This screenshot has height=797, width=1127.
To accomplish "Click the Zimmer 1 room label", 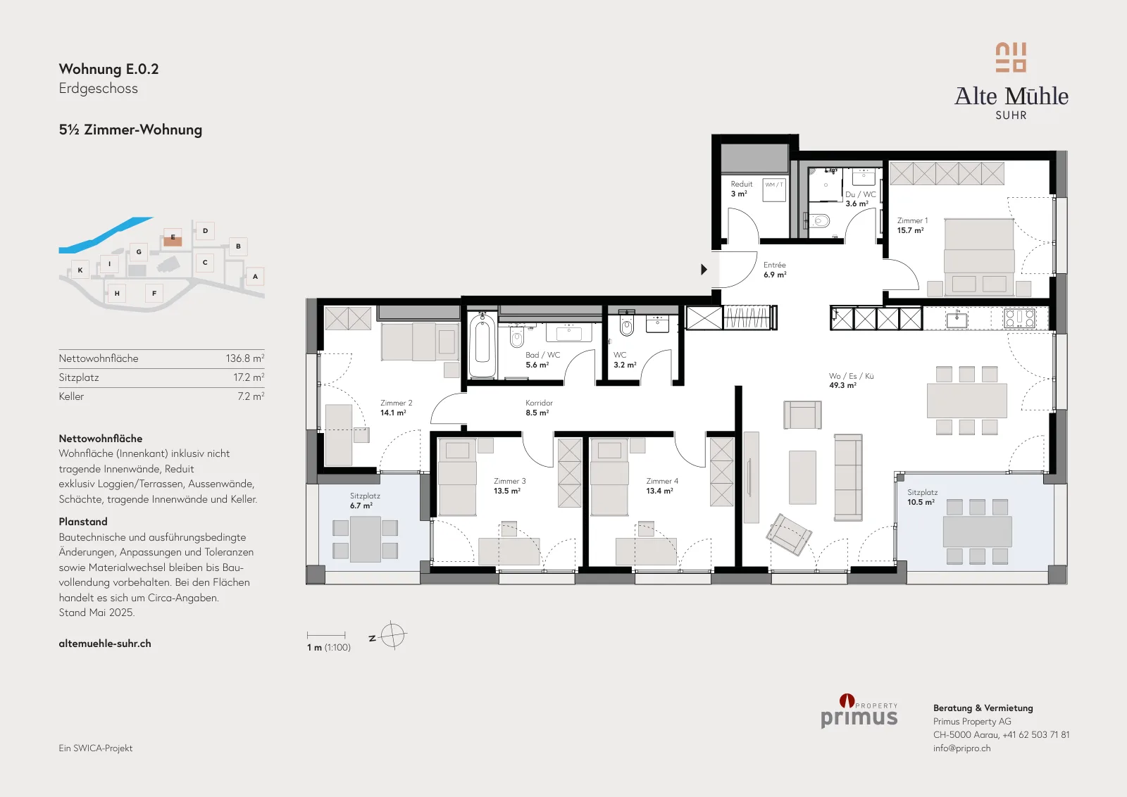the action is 912,221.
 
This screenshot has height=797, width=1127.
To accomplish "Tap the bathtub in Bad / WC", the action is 482,344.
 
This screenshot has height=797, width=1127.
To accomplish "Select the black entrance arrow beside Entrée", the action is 704,270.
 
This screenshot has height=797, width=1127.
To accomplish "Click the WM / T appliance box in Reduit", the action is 774,190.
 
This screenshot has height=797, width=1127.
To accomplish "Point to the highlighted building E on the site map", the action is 173,238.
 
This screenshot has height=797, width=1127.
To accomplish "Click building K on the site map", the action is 80,270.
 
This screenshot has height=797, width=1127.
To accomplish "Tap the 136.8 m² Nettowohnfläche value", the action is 244,358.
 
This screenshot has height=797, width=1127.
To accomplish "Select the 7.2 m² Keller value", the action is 251,396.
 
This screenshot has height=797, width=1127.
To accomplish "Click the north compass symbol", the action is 392,636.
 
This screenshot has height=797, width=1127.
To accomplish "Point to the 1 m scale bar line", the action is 326,635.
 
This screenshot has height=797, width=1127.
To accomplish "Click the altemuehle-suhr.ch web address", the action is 105,644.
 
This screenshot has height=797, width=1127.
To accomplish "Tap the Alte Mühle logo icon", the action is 1011,58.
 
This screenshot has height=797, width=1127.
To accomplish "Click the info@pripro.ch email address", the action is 961,748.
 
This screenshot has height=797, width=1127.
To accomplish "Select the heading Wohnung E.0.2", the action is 108,69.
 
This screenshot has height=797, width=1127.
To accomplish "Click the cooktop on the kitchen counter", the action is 1019,318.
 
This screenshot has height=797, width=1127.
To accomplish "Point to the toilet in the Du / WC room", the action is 819,221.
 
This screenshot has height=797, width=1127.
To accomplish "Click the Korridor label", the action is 539,403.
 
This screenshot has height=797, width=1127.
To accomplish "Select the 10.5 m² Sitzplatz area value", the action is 921,502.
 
